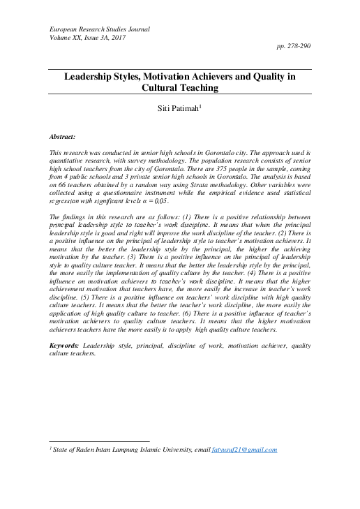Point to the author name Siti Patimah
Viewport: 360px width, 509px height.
(x=179, y=110)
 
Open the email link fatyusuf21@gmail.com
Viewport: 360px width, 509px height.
(x=244, y=450)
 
